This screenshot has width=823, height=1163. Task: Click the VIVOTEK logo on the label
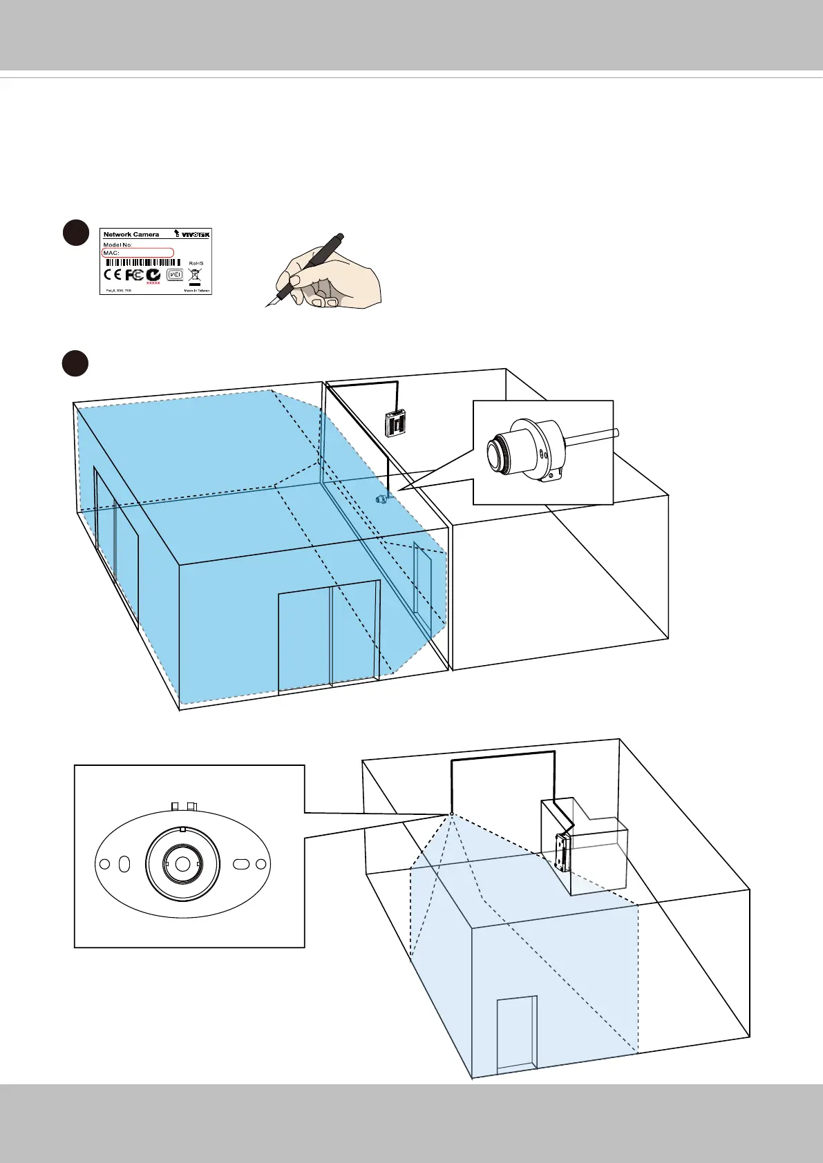click(193, 235)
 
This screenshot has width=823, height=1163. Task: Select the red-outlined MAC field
click(138, 253)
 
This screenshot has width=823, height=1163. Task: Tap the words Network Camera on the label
click(131, 235)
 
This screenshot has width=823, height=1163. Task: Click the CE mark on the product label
click(113, 275)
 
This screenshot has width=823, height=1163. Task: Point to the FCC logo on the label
click(135, 275)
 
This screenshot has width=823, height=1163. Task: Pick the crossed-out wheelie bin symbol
click(195, 274)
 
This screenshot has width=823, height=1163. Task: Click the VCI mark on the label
click(175, 275)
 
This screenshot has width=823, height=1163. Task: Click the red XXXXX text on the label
click(153, 283)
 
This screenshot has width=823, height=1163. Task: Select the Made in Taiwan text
click(196, 291)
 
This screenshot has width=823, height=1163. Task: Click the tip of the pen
click(267, 305)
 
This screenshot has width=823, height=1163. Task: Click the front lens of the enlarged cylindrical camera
click(498, 454)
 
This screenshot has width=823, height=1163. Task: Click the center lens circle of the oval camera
click(182, 864)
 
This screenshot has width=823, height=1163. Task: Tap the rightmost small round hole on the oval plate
click(261, 864)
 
